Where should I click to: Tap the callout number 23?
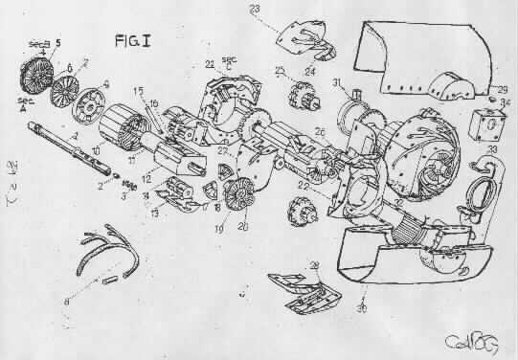point(255,9)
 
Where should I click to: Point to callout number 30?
point(362,308)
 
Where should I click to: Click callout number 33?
point(492,149)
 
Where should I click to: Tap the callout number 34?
point(506,102)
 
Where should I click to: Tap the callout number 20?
point(242,226)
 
